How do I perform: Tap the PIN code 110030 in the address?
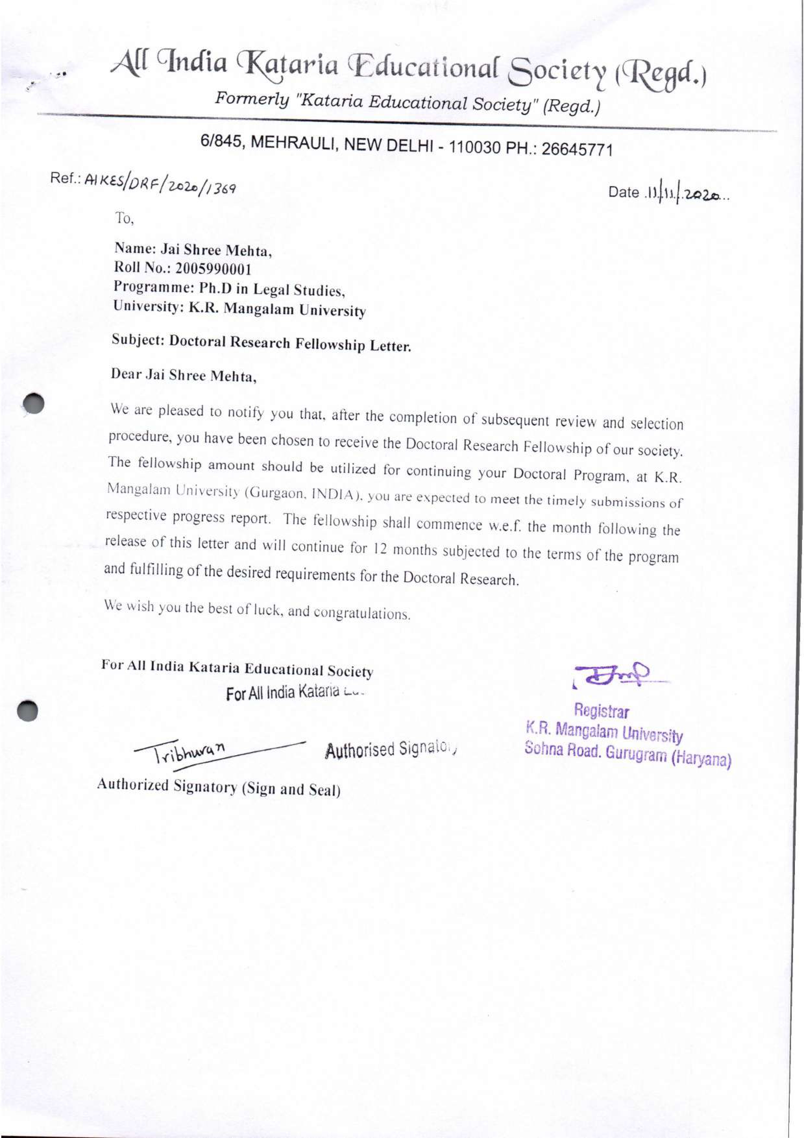coord(477,147)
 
